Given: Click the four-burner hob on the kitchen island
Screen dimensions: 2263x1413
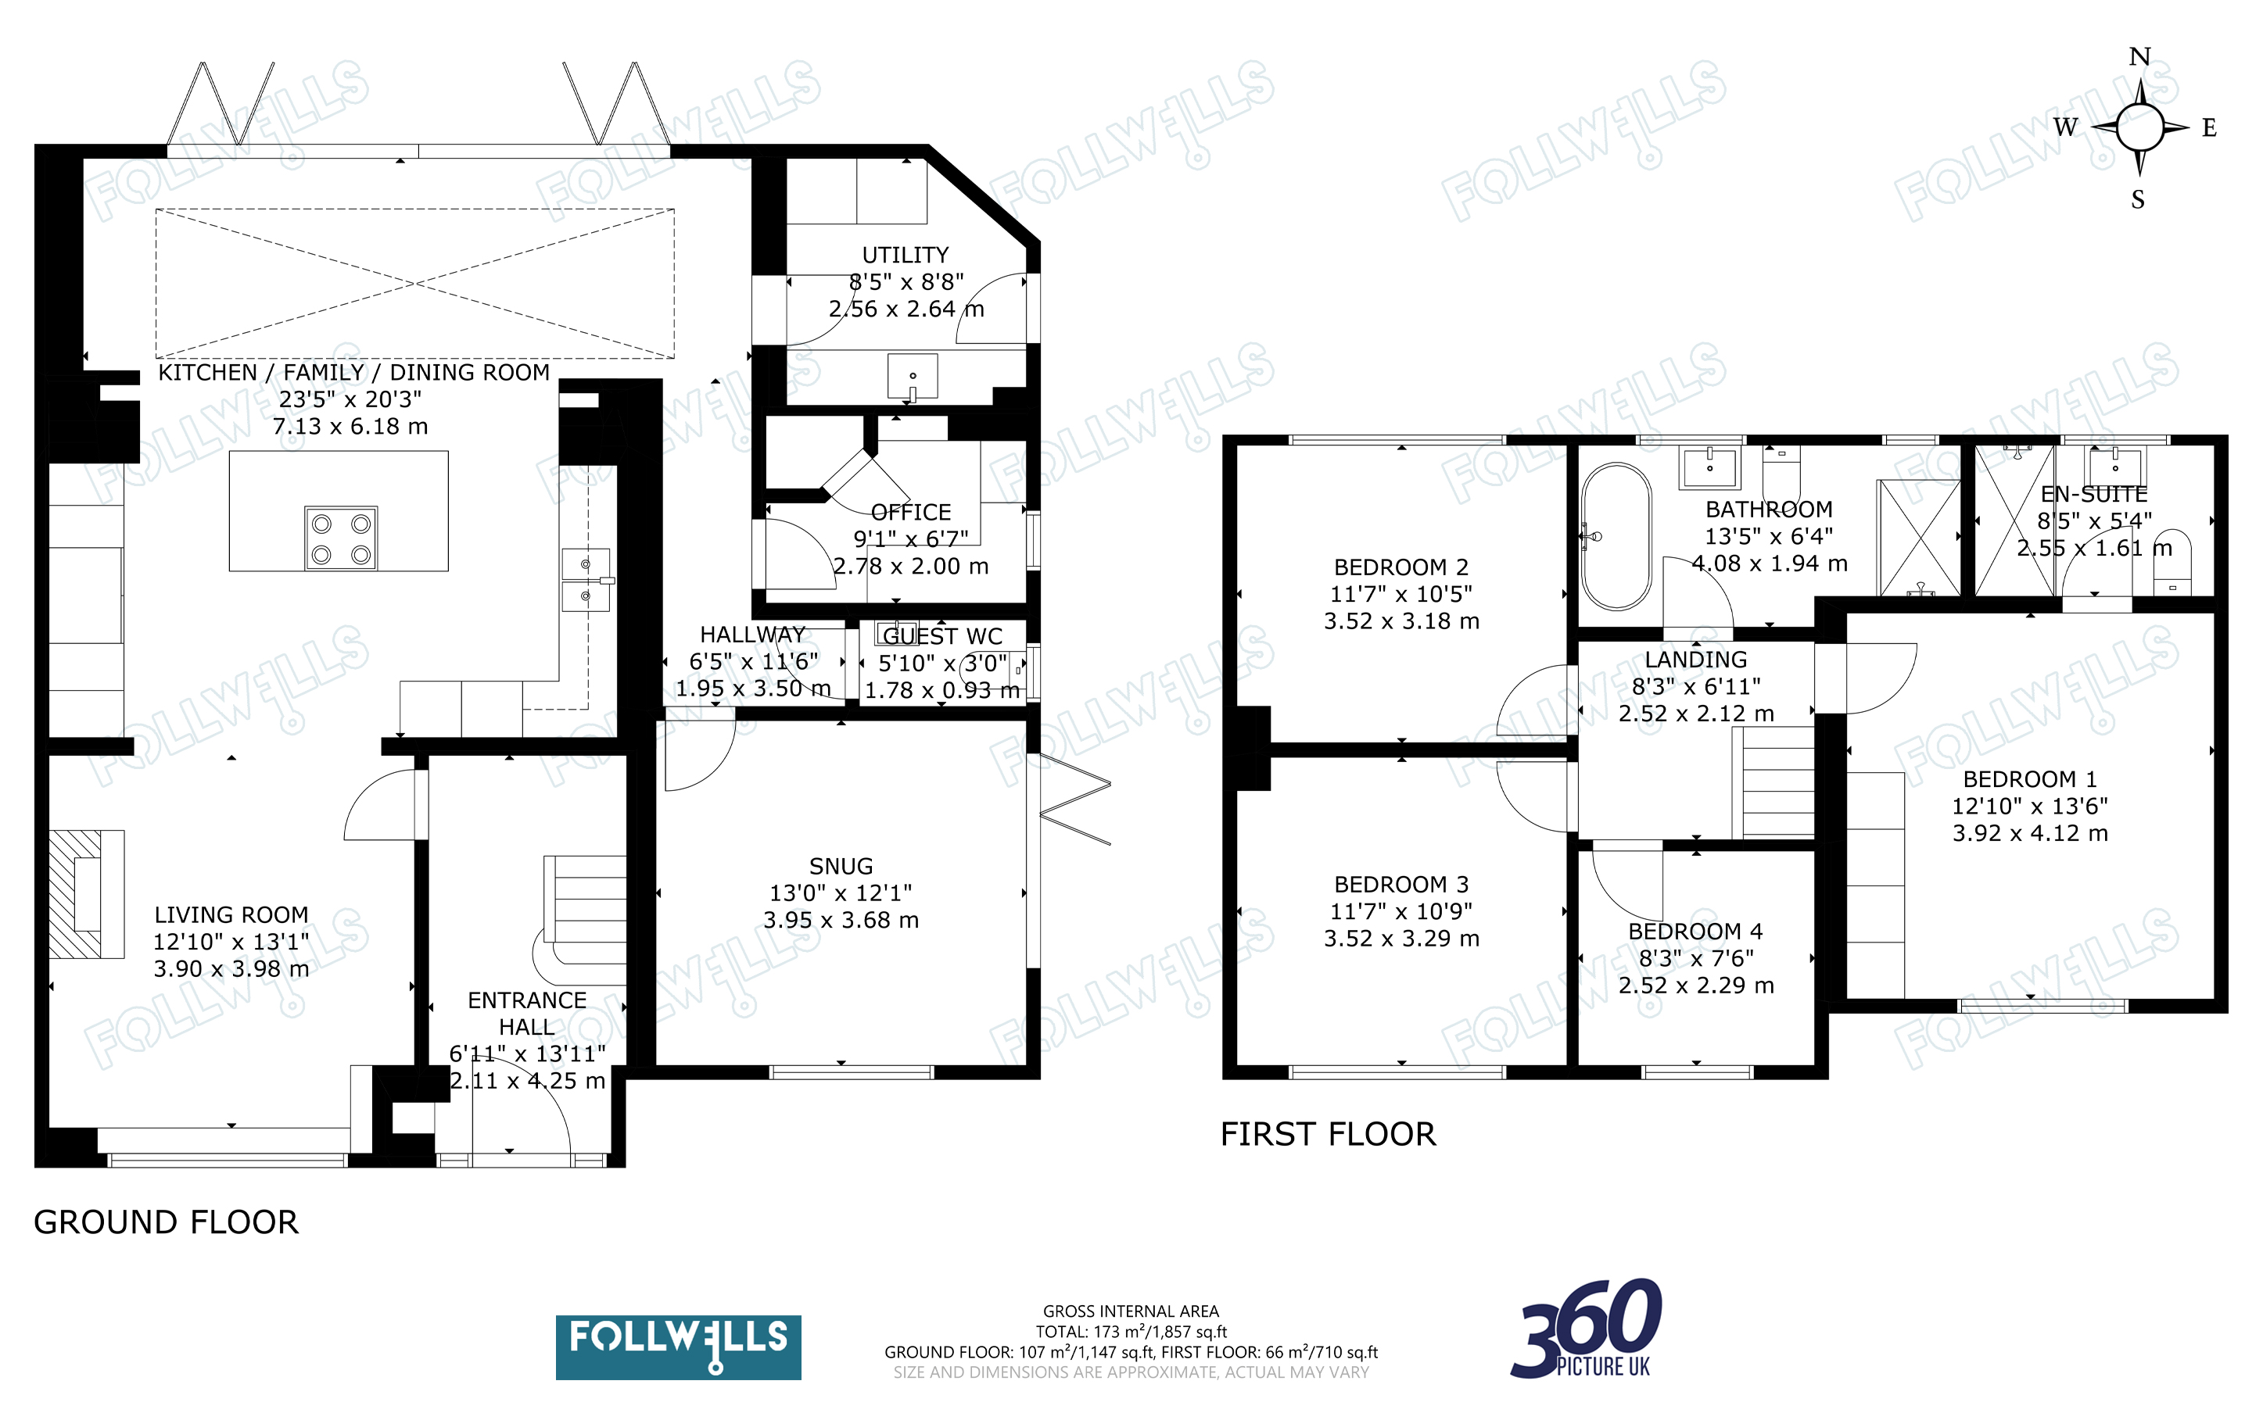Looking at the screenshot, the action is pos(341,538).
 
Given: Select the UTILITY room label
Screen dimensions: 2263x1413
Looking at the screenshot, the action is pos(905,255).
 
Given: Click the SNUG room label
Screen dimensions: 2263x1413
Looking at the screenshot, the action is pos(841,866).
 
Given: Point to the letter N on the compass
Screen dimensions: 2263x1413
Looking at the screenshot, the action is pos(2139,57).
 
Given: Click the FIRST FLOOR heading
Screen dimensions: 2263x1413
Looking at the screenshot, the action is pos(1327,1135).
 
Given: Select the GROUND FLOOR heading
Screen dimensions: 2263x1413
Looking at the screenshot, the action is pos(167,1222).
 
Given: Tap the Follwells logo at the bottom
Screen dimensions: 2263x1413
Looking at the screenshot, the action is pos(679,1347).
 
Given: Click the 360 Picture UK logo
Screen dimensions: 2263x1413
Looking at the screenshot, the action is pos(1587,1329).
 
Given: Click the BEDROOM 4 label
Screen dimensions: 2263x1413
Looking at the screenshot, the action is pos(1695,932).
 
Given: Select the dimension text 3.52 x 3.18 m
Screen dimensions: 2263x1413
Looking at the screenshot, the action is pos(1401,621).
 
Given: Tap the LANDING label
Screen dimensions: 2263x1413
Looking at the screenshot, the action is pos(1695,660).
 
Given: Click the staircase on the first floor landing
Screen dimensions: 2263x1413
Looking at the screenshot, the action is pos(1773,782).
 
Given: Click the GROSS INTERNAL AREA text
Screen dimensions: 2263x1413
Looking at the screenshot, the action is pos(1131,1311).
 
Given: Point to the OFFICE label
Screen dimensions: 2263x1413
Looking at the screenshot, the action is pos(910,512).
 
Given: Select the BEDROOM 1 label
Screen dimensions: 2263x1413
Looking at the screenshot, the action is pos(2029,779).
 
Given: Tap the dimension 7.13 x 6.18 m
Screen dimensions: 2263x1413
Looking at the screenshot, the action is pos(350,427).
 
